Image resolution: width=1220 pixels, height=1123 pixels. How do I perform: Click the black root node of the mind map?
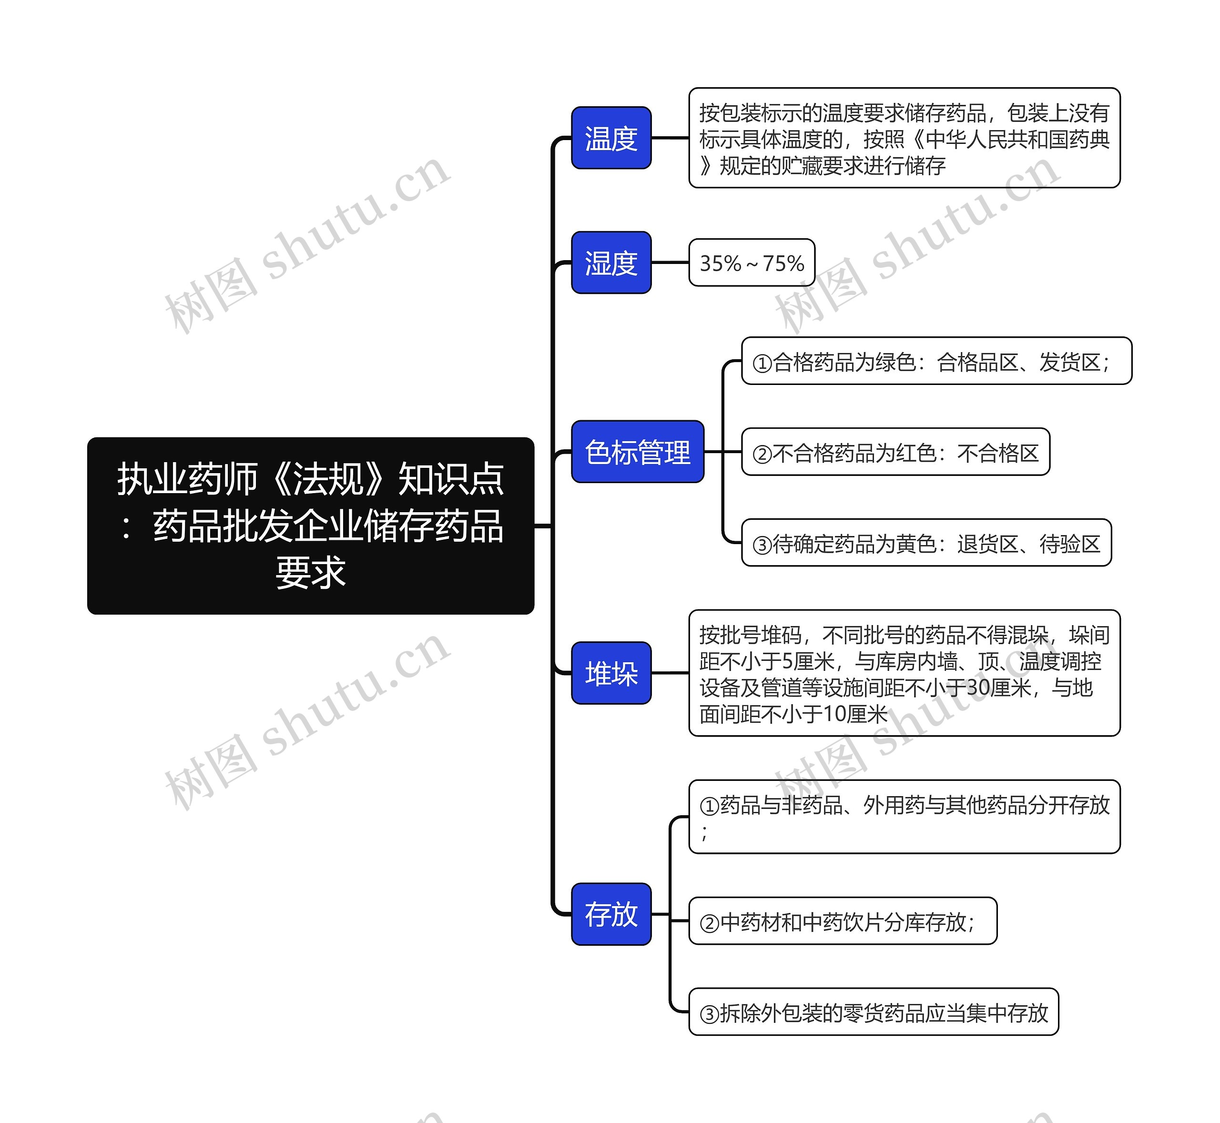310,525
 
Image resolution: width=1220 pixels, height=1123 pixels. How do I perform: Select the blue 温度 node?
611,138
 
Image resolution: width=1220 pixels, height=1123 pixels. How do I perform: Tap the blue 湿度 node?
611,263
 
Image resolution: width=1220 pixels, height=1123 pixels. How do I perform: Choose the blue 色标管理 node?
637,452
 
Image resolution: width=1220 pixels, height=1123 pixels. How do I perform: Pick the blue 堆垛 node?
611,673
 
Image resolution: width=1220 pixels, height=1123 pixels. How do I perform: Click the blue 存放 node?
611,913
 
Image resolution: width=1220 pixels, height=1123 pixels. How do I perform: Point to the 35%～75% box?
752,263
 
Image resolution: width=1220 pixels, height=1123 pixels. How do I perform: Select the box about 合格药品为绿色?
936,361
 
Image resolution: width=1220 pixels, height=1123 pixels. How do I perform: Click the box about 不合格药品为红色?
895,452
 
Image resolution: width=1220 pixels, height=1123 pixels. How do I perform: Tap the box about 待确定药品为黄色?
926,543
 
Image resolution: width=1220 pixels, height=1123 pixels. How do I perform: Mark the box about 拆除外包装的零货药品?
874,1012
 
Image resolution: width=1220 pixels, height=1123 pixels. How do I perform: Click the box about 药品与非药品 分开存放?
904,816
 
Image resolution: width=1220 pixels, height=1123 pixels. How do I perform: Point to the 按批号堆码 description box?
904,673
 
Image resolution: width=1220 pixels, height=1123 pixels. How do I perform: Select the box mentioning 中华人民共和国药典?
904,138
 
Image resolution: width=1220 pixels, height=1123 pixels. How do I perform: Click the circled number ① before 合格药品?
762,363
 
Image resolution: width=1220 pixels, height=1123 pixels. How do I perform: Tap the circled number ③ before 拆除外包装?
710,1013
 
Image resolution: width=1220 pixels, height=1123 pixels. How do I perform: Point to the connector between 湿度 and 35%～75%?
670,263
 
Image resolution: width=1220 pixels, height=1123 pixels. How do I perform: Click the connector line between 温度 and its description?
670,138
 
